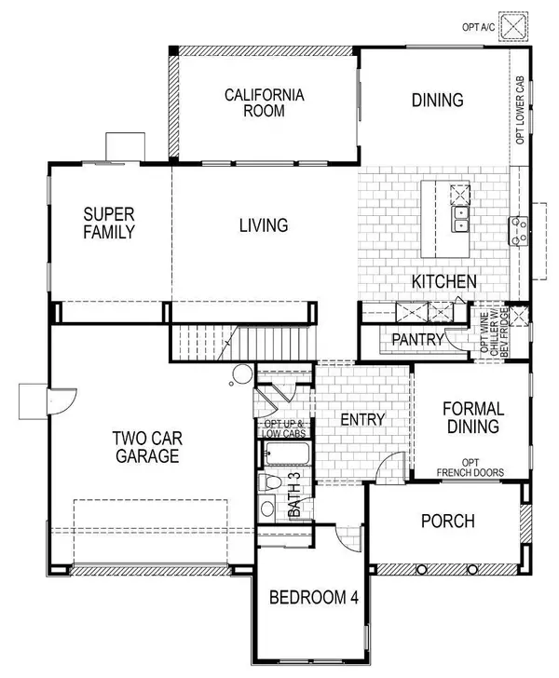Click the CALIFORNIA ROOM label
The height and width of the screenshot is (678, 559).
click(262, 102)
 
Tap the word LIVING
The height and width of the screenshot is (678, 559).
click(263, 225)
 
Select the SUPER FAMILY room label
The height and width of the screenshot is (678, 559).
click(109, 223)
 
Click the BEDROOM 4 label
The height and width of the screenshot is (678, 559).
click(314, 597)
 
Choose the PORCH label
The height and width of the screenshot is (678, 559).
click(447, 522)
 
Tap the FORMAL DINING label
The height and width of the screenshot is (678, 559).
click(473, 417)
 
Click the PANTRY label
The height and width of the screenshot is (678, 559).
click(417, 340)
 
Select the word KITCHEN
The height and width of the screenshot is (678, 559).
click(444, 281)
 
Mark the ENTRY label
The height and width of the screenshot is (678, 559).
click(362, 420)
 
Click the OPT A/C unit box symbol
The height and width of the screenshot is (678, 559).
click(511, 27)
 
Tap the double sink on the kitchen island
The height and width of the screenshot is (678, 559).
click(460, 219)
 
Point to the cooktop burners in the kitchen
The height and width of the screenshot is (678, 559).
click(517, 230)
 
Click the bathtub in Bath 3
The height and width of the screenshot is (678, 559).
click(287, 456)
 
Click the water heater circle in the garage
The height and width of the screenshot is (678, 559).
click(241, 375)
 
